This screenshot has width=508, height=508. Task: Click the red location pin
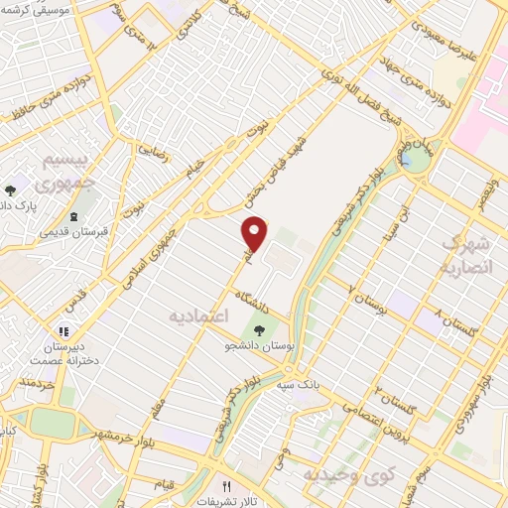coord(255,234)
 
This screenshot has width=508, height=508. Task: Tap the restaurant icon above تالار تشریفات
coord(226,485)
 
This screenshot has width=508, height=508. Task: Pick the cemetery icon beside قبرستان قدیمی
coord(73,216)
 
